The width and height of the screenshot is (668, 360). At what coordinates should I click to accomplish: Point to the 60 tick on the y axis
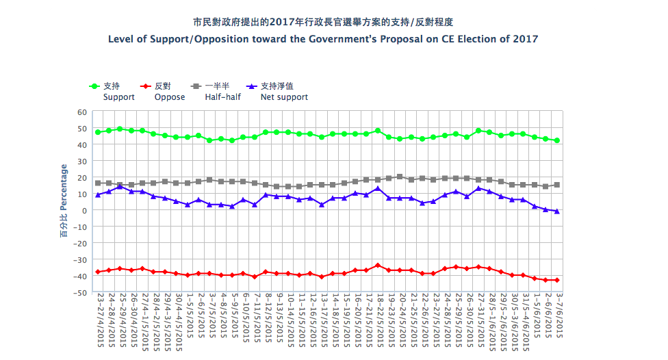[x=82, y=112]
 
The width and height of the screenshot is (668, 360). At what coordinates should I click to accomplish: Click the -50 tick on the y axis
[x=80, y=292]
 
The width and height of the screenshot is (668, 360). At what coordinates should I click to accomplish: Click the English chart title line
[x=323, y=39]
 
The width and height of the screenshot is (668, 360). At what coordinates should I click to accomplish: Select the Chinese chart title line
[x=323, y=22]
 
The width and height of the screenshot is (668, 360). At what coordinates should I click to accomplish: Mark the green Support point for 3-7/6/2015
[x=557, y=141]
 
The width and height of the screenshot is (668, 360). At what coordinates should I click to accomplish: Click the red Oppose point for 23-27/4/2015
[x=98, y=272]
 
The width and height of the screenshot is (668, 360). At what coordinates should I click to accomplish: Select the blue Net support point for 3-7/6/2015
[x=557, y=211]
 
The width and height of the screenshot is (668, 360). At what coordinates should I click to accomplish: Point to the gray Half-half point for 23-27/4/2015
[x=98, y=183]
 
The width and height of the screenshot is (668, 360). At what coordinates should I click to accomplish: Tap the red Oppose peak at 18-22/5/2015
[x=378, y=266]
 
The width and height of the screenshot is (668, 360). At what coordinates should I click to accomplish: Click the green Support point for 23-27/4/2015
[x=98, y=132]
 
